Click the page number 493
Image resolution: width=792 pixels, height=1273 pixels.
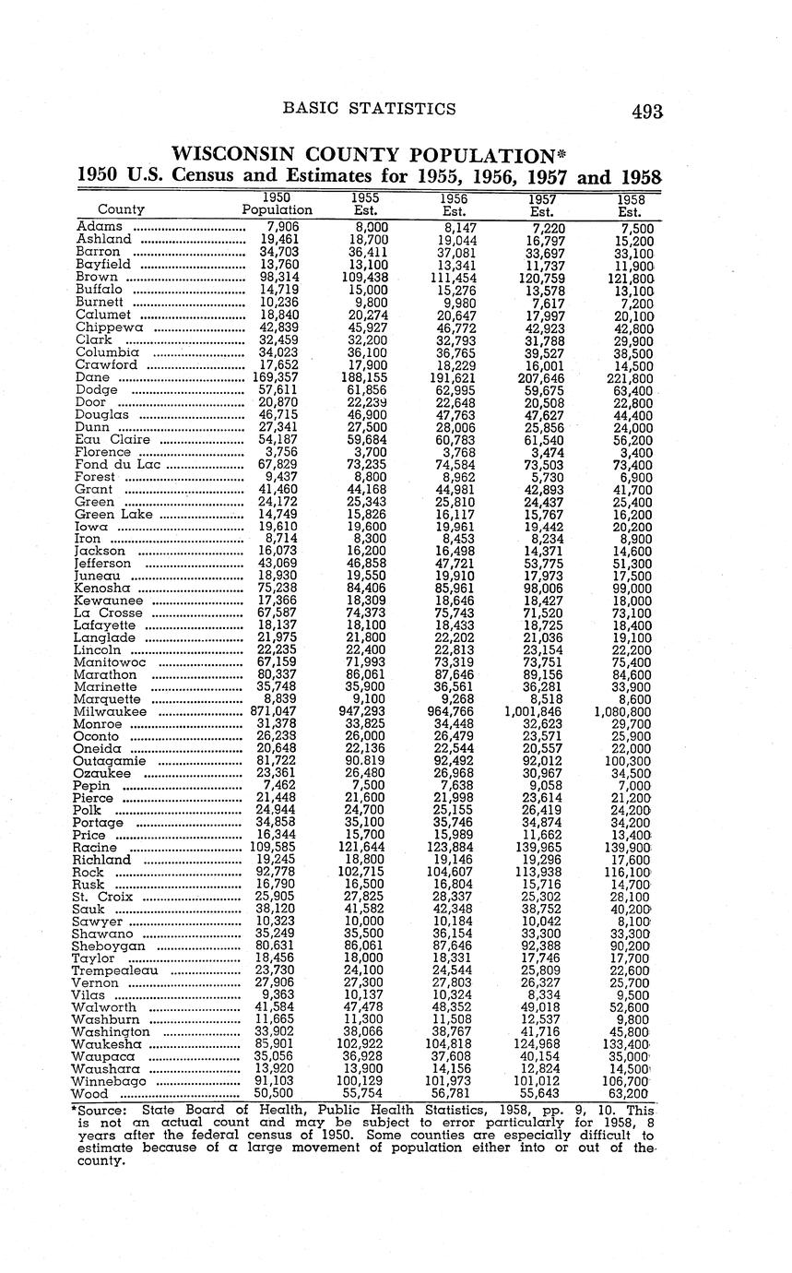(647, 112)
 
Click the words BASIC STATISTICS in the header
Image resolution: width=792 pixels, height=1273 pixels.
(369, 109)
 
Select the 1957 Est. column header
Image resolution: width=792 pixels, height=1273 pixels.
(541, 204)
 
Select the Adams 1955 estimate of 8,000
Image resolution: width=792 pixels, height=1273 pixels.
(367, 227)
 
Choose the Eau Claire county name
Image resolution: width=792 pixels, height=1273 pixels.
(103, 439)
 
